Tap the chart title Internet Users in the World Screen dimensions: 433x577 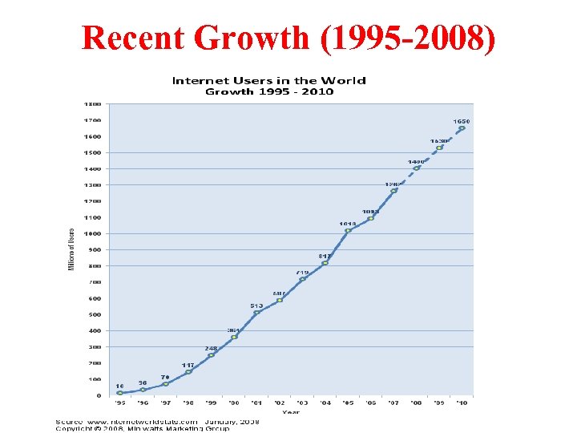point(269,80)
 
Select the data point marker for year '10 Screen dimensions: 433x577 point(462,128)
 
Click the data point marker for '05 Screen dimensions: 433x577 point(348,231)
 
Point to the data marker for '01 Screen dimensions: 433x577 point(256,313)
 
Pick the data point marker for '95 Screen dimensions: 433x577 point(120,393)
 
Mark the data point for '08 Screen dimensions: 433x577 point(416,168)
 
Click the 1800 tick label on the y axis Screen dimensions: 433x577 point(93,104)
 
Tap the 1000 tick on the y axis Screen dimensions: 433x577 point(93,233)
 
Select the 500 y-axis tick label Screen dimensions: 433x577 point(95,314)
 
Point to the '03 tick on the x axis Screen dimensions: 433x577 point(302,403)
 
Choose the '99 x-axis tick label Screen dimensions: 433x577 point(211,403)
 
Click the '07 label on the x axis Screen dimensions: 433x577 point(393,403)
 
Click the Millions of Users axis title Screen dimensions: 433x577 point(71,249)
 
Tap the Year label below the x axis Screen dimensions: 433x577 point(290,412)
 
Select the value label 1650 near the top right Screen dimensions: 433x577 point(462,122)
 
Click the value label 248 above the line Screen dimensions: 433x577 point(211,348)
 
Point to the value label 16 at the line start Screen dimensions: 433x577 point(119,386)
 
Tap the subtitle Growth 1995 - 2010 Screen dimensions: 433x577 point(269,91)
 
